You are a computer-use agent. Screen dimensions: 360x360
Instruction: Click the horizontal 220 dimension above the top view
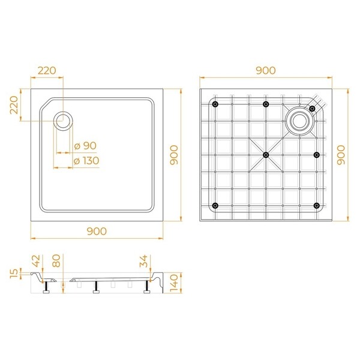(x=47, y=70)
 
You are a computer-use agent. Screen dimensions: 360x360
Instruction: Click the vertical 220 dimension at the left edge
(x=14, y=105)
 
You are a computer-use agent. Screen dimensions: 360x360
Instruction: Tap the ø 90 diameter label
(x=85, y=146)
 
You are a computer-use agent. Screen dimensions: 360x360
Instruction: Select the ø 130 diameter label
(x=86, y=161)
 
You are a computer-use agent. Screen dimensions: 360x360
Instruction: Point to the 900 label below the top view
(x=97, y=231)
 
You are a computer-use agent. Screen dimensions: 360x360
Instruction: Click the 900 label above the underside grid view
(x=266, y=70)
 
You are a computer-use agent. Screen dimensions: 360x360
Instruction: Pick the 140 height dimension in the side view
(x=174, y=283)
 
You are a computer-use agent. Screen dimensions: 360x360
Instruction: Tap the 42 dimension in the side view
(x=36, y=261)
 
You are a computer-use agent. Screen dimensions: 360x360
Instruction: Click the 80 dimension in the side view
(x=56, y=261)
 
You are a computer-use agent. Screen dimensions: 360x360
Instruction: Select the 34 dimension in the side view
(x=143, y=261)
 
